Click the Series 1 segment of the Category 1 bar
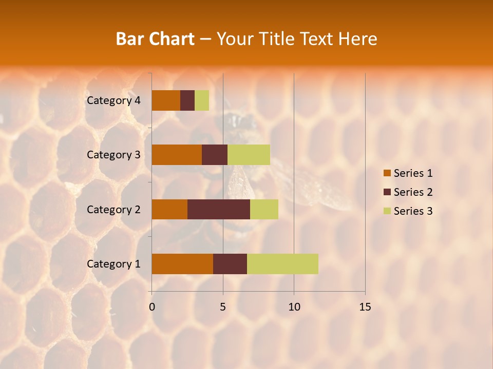[x=182, y=264]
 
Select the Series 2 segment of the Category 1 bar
[x=230, y=264]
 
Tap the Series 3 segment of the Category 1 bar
[x=282, y=264]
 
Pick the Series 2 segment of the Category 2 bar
[x=219, y=209]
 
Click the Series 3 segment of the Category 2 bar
[x=264, y=209]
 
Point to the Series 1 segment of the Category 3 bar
[x=177, y=155]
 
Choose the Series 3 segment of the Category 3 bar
[x=249, y=155]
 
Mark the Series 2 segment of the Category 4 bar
[x=187, y=100]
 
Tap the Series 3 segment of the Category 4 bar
[x=202, y=100]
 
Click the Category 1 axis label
[x=113, y=264]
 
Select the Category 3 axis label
[x=113, y=155]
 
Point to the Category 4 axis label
[x=113, y=100]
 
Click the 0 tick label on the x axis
[x=152, y=307]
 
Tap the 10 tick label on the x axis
[x=294, y=307]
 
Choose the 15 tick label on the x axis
[x=365, y=307]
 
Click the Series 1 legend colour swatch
[x=387, y=173]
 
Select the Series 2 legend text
[x=413, y=192]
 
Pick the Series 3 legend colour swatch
[x=387, y=211]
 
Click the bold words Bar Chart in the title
[x=155, y=39]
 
